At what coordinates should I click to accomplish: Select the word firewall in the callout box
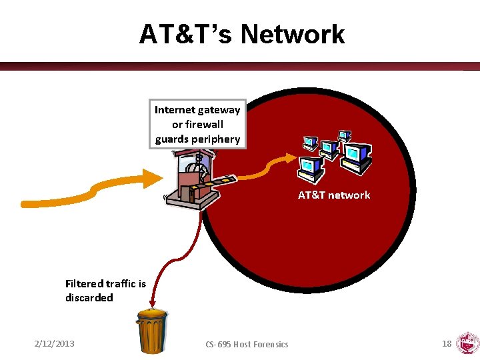coord(205,124)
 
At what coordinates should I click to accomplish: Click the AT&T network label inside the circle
coord(333,195)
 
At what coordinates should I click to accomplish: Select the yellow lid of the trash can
coord(153,312)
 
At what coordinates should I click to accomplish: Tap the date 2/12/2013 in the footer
coord(55,343)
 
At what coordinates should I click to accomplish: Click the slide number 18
coord(447,343)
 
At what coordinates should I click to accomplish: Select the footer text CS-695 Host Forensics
coord(247,344)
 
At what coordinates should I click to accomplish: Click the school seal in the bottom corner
coord(467,343)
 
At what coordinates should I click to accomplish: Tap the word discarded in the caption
coord(89,297)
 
